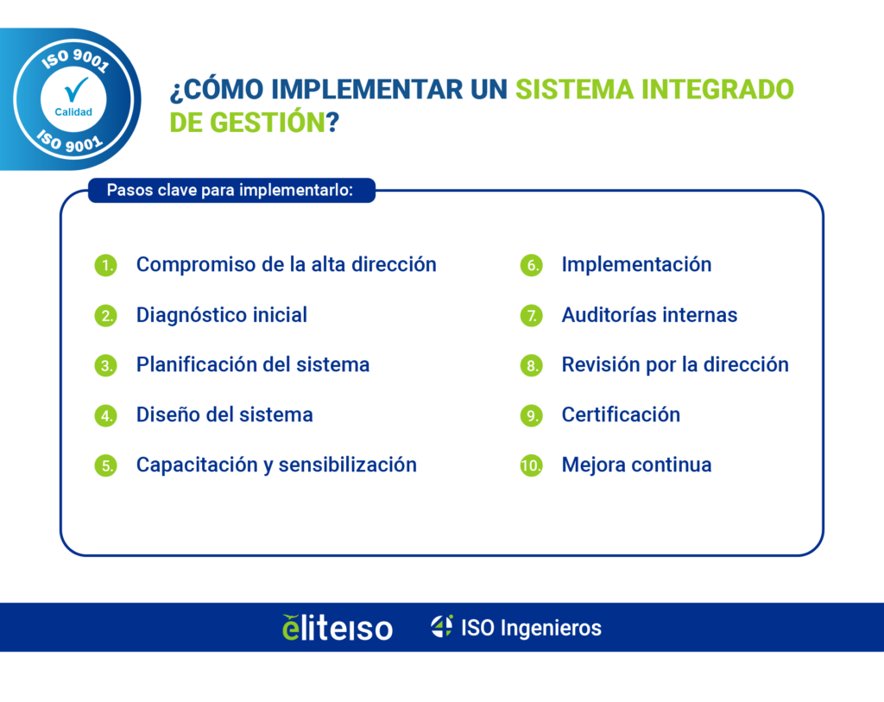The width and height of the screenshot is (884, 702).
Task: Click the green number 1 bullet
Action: (105, 265)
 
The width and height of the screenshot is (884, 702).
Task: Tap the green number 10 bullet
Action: (530, 465)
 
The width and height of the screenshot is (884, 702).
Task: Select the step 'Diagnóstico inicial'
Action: (221, 315)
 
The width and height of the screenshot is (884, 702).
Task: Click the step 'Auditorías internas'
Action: (649, 315)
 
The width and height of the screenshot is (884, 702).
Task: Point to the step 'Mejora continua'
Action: (636, 465)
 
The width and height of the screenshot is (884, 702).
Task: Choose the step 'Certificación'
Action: (621, 414)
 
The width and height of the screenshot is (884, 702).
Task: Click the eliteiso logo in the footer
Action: (338, 628)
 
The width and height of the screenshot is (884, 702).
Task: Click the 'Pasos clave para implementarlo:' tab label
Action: (230, 190)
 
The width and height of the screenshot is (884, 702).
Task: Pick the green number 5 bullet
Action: (105, 465)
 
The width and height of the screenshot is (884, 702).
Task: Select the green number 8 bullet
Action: (530, 365)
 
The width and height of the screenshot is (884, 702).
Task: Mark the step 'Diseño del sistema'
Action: (224, 414)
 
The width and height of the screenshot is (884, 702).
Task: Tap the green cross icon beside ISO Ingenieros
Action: (442, 626)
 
